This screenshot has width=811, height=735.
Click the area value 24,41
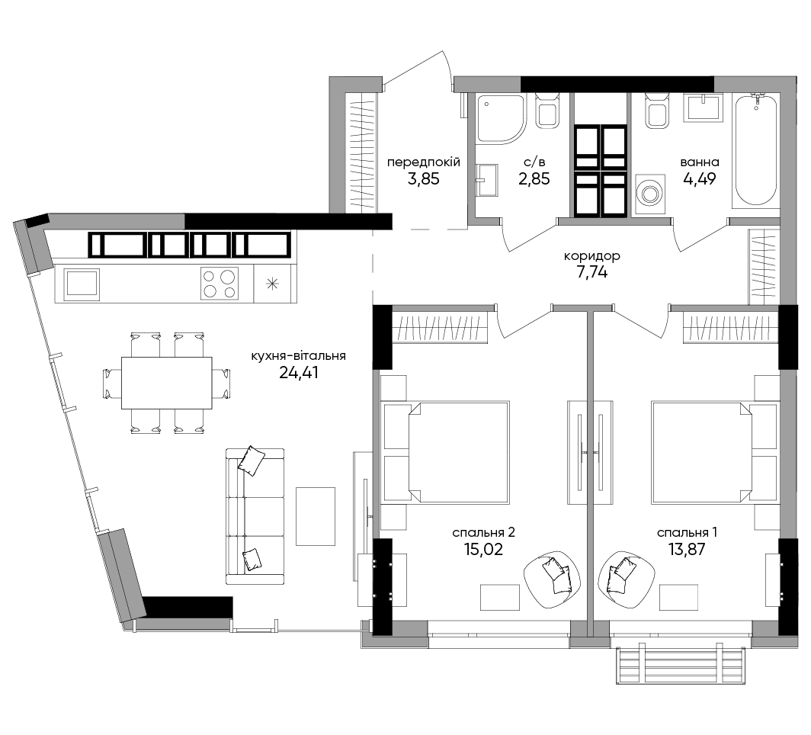click(299, 372)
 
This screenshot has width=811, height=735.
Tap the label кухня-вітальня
click(299, 356)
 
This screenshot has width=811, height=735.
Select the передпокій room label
click(424, 162)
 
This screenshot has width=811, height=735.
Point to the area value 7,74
click(591, 271)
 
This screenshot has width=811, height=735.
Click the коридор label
click(591, 255)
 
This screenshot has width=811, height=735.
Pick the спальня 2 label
click(483, 532)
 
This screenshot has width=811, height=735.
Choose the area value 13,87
click(687, 549)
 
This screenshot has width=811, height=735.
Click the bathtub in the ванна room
click(755, 150)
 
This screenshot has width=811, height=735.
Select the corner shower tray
click(501, 118)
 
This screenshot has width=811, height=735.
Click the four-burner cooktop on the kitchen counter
click(220, 284)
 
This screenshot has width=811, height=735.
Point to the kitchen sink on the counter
click(82, 284)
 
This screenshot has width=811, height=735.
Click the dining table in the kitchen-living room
click(166, 383)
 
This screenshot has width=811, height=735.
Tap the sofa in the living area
click(255, 516)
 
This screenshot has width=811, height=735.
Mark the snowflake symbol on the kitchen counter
click(272, 284)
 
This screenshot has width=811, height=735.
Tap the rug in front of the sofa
click(316, 516)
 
